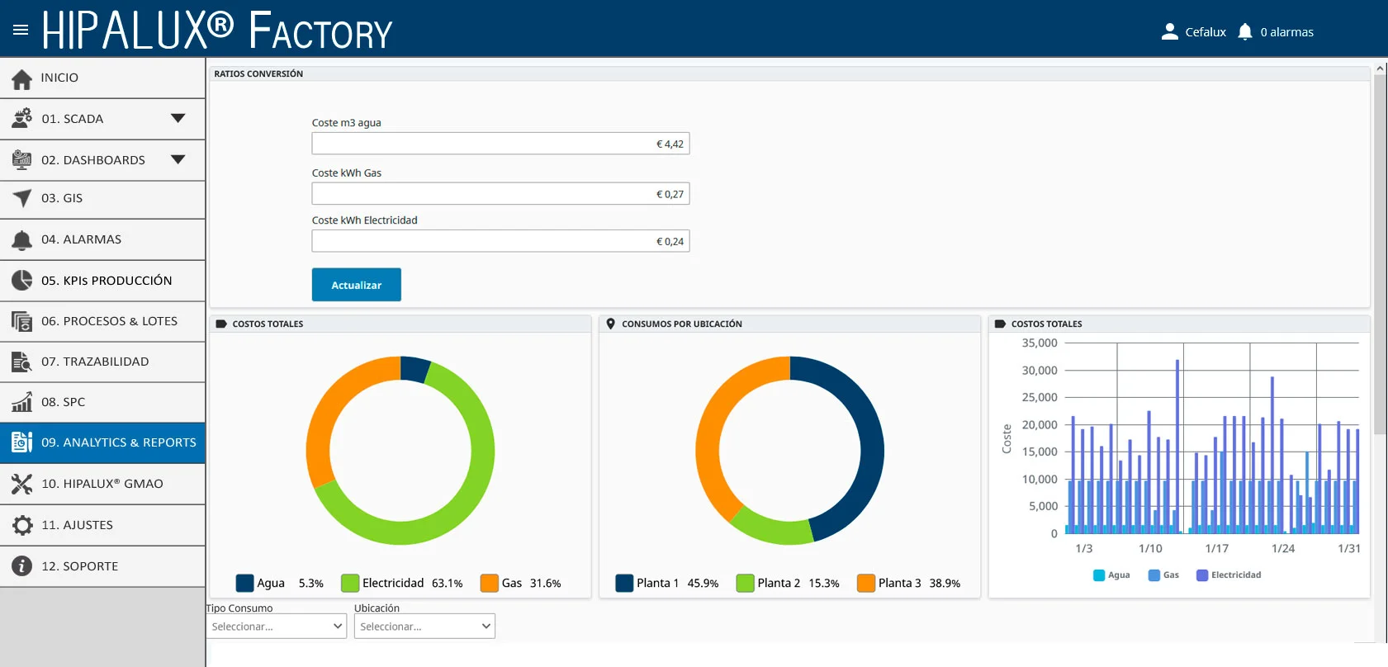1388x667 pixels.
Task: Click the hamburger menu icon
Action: (21, 30)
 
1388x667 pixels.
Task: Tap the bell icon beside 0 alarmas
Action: (1245, 31)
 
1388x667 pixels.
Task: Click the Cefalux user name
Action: (1206, 32)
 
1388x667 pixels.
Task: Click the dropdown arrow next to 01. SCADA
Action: (178, 118)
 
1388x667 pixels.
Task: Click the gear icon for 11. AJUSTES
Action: (21, 525)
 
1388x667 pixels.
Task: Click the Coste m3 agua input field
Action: (500, 144)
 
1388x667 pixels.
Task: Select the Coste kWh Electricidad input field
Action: (500, 241)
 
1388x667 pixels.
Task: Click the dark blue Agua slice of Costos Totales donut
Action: (415, 369)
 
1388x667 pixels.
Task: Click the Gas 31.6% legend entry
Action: (520, 583)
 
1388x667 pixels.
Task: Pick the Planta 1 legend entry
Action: (666, 583)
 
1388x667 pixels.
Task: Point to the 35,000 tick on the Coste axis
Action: (1039, 343)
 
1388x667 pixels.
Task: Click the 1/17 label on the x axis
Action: (1216, 549)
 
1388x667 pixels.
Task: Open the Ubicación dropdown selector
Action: (424, 626)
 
